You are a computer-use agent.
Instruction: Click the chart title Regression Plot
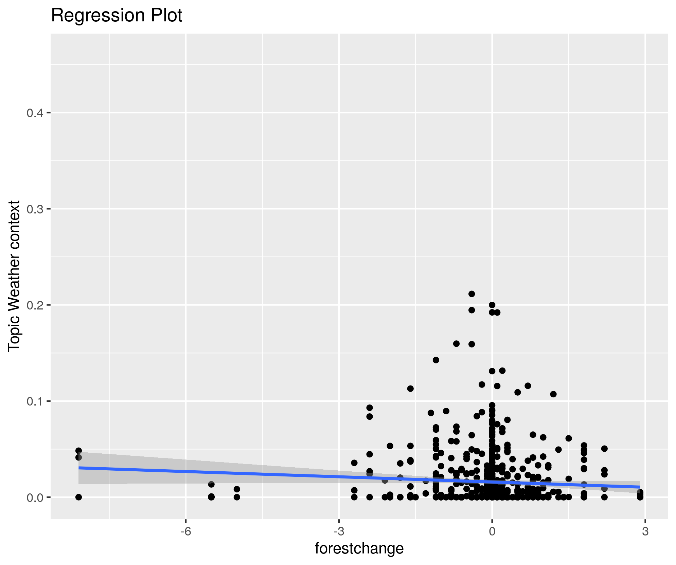point(117,16)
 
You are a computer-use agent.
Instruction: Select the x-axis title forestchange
point(359,548)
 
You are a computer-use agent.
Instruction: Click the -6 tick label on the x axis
point(185,531)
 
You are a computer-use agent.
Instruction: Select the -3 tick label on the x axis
point(339,531)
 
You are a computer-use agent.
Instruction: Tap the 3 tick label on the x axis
point(645,531)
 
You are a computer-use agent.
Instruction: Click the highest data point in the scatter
point(472,294)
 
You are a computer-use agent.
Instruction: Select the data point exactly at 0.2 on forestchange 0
point(492,305)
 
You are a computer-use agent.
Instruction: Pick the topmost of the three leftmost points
point(78,451)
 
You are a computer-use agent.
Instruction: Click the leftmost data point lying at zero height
point(78,497)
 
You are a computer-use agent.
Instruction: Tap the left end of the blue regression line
point(79,468)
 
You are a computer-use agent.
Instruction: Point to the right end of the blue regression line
point(640,487)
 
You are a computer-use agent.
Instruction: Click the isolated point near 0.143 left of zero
point(436,360)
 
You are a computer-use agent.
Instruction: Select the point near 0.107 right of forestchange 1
point(553,394)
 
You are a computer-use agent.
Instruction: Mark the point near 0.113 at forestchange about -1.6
point(410,389)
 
